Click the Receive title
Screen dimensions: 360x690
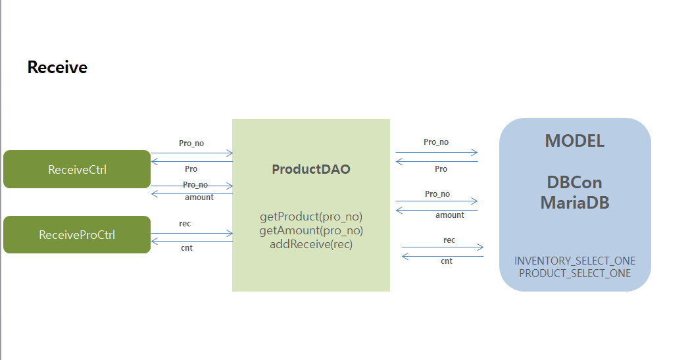(x=57, y=67)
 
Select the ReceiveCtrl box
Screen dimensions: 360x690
(x=77, y=169)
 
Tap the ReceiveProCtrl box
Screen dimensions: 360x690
(x=77, y=234)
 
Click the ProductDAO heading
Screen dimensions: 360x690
(x=311, y=169)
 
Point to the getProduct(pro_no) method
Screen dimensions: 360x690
(x=311, y=217)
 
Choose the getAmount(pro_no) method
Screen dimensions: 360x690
(x=311, y=230)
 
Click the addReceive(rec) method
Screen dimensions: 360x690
(x=311, y=244)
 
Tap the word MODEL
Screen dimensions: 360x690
(x=574, y=141)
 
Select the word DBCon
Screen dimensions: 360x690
(x=574, y=182)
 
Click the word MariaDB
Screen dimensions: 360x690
(x=574, y=202)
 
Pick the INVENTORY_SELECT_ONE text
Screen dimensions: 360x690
(x=575, y=261)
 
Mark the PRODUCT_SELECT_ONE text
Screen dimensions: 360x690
(x=575, y=273)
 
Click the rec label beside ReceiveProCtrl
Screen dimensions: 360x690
(x=185, y=224)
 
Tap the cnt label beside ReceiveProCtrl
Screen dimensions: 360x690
(x=187, y=248)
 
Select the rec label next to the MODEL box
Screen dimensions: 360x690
(x=449, y=240)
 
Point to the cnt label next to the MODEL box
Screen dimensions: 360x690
(x=447, y=261)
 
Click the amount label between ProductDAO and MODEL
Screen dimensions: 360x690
(x=449, y=215)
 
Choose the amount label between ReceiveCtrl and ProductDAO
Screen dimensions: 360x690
(x=199, y=197)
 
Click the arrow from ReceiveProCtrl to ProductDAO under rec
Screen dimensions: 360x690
(x=191, y=233)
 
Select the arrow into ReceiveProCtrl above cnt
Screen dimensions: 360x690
(x=191, y=242)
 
